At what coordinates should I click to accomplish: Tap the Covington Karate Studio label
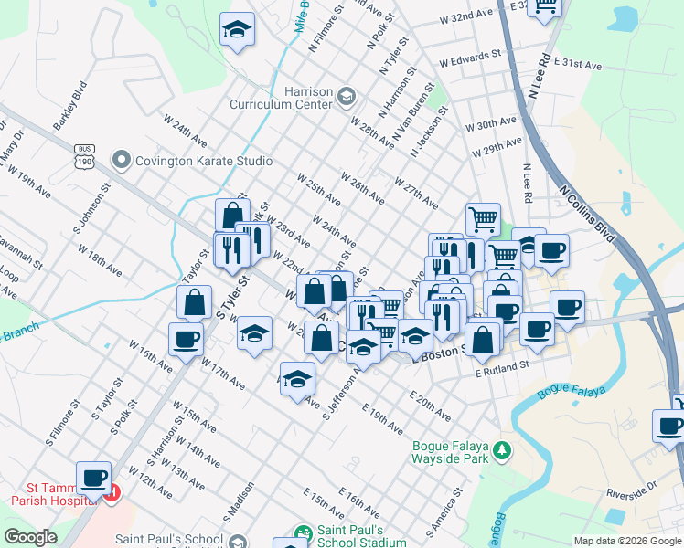click(203, 162)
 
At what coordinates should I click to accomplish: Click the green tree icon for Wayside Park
click(501, 450)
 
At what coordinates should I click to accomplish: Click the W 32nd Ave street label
click(466, 17)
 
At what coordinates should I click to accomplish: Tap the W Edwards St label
click(470, 63)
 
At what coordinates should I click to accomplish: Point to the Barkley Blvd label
click(69, 107)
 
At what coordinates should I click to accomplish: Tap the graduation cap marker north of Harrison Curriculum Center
click(237, 30)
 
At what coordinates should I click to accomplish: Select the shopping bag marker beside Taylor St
click(195, 302)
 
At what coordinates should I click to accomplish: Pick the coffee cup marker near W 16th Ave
click(186, 339)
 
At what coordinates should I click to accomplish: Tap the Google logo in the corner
click(30, 537)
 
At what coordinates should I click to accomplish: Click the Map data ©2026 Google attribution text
click(627, 541)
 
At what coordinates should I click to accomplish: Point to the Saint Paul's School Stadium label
click(362, 536)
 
